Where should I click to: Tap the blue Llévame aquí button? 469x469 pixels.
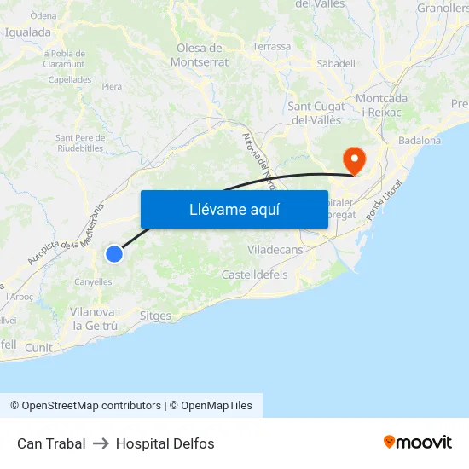[234, 209]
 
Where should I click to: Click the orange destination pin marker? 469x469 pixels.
[353, 159]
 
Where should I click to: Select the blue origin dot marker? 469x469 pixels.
[114, 253]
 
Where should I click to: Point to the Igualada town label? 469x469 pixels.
[28, 32]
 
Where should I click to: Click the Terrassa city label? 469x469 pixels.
[271, 47]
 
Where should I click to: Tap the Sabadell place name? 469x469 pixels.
[335, 63]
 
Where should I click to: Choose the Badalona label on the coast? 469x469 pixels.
[420, 141]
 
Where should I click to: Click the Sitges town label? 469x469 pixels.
[155, 316]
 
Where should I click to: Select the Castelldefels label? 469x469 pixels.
[254, 275]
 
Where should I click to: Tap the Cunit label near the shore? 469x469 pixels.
[38, 348]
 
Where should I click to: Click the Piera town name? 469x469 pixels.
[112, 86]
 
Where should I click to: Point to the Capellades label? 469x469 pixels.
[70, 79]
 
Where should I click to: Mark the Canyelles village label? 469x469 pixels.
[93, 281]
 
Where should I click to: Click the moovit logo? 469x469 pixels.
[418, 443]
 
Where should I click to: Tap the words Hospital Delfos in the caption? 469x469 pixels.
[165, 443]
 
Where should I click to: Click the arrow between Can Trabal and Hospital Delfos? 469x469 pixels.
[101, 443]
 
